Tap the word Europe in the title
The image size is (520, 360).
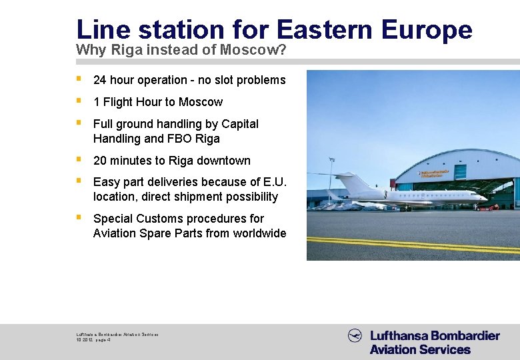(x=427, y=29)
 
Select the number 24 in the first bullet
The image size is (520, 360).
(x=100, y=80)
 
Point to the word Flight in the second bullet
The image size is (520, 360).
(x=119, y=102)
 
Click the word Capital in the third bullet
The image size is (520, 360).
(x=240, y=124)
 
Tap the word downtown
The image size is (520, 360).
(x=223, y=161)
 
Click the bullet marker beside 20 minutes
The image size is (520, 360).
(x=79, y=160)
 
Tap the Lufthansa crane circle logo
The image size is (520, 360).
(x=355, y=336)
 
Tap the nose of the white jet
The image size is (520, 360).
(x=485, y=198)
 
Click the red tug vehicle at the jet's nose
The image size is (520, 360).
(x=493, y=207)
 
